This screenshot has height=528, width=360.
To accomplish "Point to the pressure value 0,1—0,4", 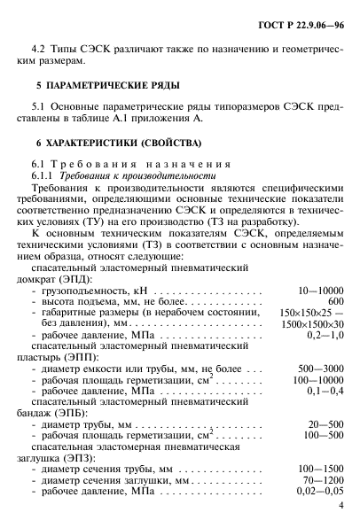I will pos(322,392).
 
